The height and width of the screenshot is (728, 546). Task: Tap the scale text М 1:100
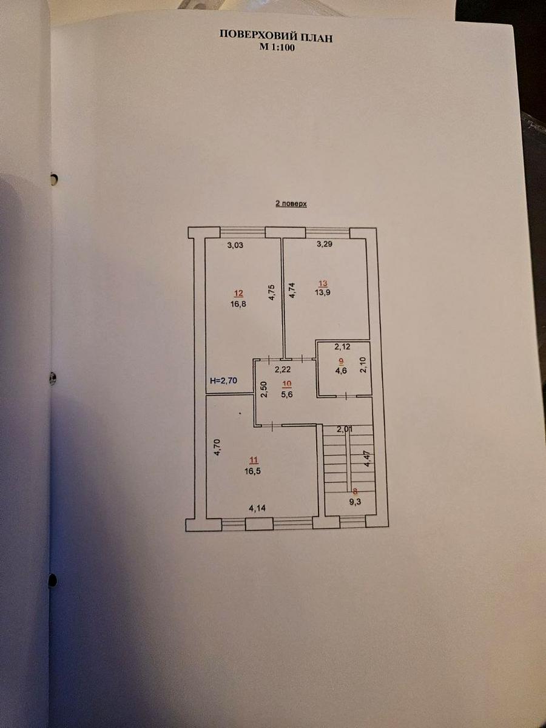[x=276, y=49]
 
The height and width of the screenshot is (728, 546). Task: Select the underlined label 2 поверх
[x=291, y=204]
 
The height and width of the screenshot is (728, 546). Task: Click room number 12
[x=238, y=293]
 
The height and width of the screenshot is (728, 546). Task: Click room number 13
[x=323, y=283]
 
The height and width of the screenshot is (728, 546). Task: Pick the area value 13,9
[x=323, y=292]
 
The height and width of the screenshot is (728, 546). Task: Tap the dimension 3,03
[x=236, y=246]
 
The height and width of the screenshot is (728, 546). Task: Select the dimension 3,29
[x=324, y=245]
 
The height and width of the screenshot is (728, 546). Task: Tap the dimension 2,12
[x=343, y=347]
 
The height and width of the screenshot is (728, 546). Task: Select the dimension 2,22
[x=283, y=369]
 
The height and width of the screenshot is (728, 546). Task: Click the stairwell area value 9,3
[x=355, y=502]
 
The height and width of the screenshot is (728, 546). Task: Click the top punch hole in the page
[x=53, y=179]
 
